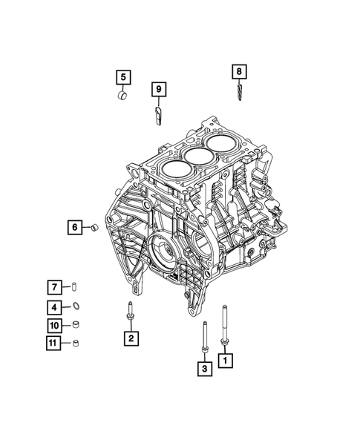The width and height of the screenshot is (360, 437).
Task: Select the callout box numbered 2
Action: point(130,338)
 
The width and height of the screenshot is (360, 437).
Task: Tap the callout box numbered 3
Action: point(203,366)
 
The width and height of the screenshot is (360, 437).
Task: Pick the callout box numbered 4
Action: point(55,306)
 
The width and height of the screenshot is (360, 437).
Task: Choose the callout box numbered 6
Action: point(76,228)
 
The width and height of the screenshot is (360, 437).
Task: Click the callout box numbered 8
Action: point(238,71)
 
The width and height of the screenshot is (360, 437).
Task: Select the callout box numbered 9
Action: point(158,90)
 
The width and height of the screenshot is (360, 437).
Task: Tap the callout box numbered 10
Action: point(55,325)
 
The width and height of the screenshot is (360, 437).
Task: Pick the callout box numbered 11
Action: point(55,343)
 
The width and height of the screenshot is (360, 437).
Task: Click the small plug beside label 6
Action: point(94,228)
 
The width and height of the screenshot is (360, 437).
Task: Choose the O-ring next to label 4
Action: point(76,306)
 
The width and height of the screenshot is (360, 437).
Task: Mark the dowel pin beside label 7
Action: point(76,287)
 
